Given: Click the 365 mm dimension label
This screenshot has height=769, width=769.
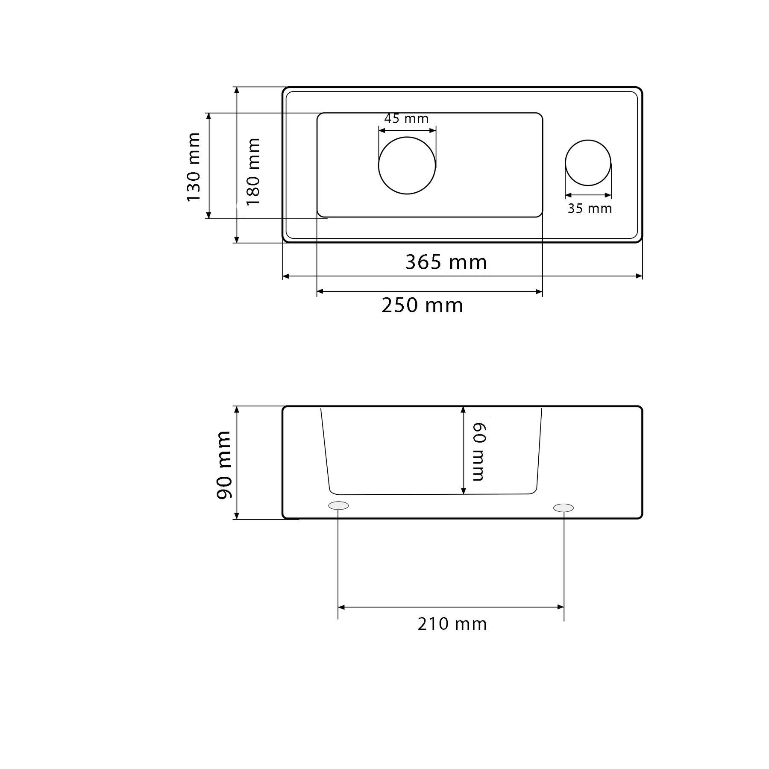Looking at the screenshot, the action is (x=446, y=262).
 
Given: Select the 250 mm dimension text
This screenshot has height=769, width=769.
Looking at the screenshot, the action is (x=422, y=305).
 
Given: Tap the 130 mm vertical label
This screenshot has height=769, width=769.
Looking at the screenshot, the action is (x=194, y=167).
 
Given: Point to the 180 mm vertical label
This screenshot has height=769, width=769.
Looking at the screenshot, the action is (x=253, y=171).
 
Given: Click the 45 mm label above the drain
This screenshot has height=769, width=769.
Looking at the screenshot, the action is (x=406, y=118).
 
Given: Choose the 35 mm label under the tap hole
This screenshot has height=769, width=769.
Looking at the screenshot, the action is (x=590, y=208).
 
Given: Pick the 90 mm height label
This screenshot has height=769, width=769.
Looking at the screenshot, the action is (x=224, y=465).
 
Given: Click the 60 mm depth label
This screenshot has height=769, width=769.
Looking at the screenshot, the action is (x=478, y=452).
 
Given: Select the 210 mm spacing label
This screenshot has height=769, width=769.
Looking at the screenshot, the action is (x=452, y=624).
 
